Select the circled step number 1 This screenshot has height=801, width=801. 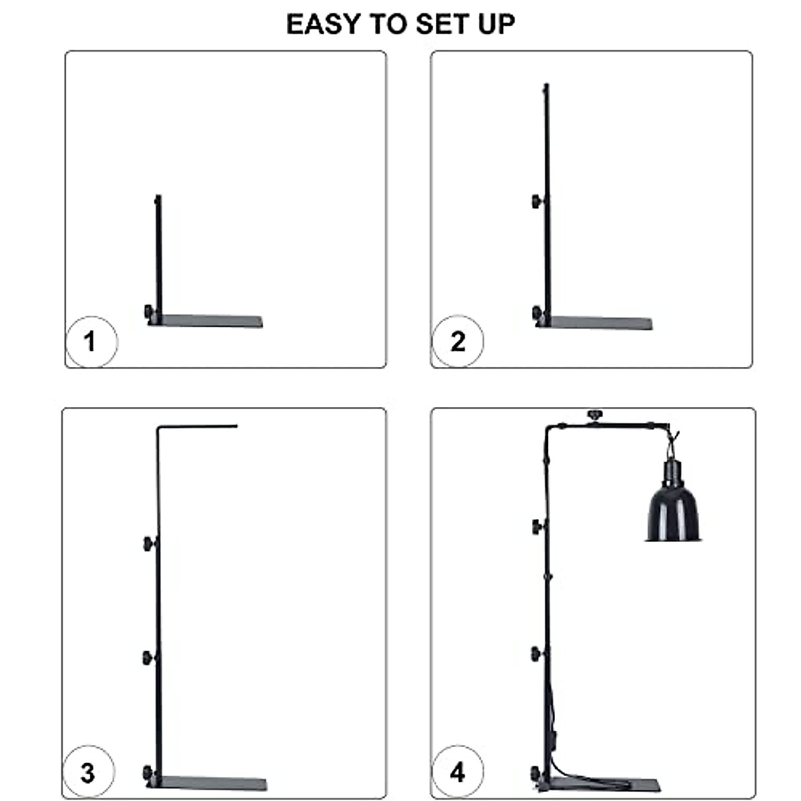[x=91, y=342]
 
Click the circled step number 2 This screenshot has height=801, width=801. [x=457, y=342]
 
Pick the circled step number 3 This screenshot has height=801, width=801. [x=88, y=773]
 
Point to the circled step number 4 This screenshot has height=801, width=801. [x=457, y=773]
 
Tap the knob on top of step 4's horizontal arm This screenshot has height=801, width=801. [x=593, y=416]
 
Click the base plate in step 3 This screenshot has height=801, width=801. [x=214, y=783]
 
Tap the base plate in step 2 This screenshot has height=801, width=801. [x=601, y=323]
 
